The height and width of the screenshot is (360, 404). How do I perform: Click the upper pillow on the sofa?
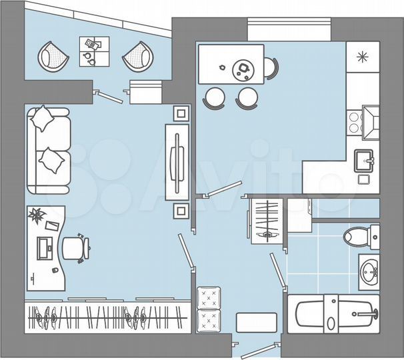44,119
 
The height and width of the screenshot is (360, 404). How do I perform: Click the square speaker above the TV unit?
180,111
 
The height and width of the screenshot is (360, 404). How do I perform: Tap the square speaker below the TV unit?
180,211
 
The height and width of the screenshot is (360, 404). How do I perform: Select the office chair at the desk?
75,248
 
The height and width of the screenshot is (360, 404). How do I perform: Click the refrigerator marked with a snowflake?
363,56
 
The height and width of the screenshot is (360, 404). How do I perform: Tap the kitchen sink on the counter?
364,160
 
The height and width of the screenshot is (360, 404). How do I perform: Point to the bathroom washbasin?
369,272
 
